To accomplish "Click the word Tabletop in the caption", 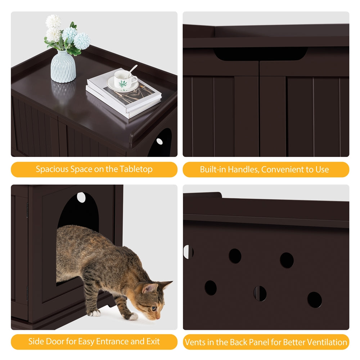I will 136,169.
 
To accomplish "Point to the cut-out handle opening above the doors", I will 261,54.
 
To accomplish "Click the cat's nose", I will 157,318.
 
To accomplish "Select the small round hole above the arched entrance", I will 81,197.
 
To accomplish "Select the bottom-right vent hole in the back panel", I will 314,300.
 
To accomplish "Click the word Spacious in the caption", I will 53,169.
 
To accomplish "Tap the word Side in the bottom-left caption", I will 36,342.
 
